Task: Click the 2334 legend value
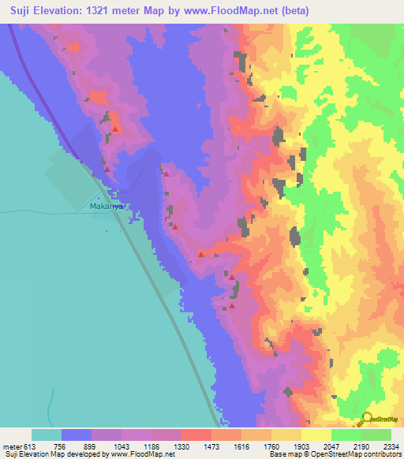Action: (392, 446)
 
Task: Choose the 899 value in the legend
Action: (91, 446)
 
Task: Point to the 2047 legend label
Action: (331, 446)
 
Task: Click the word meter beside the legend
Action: (10, 446)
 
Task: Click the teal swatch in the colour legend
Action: (47, 435)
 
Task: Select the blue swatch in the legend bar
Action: (77, 435)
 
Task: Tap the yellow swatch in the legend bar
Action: (316, 435)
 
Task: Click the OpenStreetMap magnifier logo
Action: (367, 420)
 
